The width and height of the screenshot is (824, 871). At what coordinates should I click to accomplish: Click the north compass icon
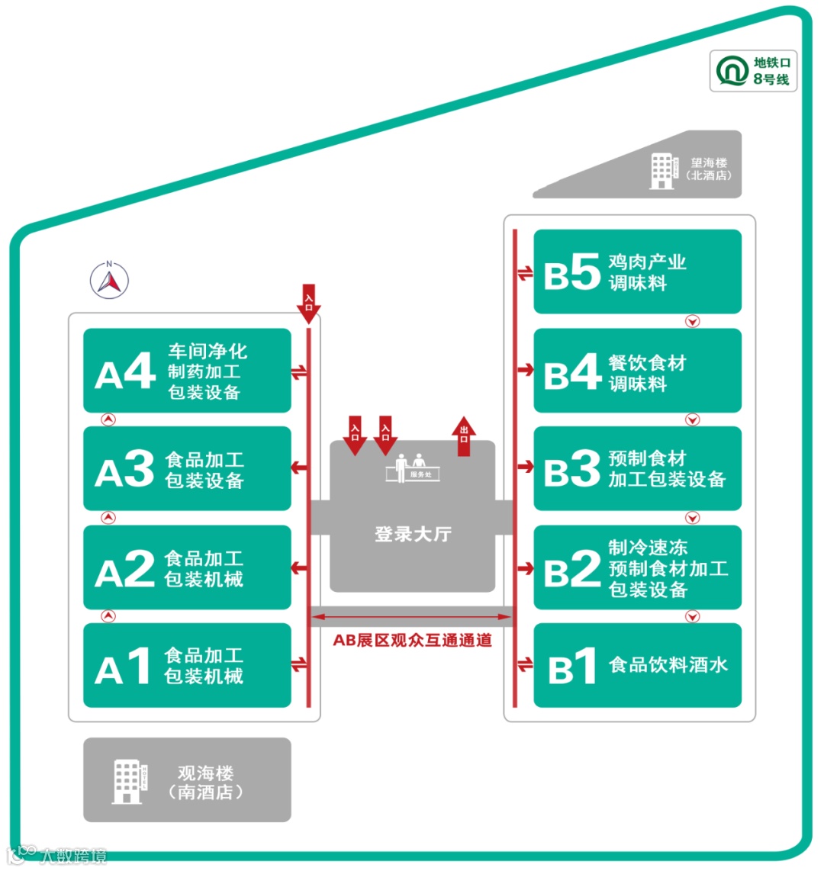[109, 280]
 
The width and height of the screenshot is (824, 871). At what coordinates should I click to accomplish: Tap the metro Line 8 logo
[732, 71]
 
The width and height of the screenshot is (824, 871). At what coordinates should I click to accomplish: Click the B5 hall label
[571, 273]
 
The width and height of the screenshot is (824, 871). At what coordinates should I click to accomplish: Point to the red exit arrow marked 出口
[464, 437]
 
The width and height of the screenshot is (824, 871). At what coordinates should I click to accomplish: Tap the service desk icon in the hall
[413, 468]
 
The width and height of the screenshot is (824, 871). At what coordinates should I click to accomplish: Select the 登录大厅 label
[413, 534]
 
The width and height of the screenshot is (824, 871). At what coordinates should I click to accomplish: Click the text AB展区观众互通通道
[412, 641]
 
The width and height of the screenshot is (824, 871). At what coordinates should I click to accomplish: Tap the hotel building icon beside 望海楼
[662, 170]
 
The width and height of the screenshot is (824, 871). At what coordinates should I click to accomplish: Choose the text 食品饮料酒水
[668, 665]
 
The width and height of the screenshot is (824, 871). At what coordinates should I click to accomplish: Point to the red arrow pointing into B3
[525, 466]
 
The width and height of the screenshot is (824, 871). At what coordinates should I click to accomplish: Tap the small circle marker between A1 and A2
[109, 615]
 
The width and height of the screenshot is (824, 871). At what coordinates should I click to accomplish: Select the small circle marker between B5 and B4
[692, 321]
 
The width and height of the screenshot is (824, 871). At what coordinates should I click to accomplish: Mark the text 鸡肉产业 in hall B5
[647, 262]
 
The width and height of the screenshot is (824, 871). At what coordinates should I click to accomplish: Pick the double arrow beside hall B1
[525, 665]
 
